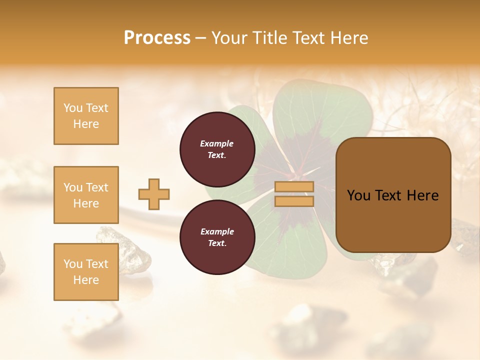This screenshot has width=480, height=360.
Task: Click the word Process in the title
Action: (157, 38)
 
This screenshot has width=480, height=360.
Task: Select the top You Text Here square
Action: (86, 116)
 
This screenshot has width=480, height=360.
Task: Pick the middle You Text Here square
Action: (86, 195)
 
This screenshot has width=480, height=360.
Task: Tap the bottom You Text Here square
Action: (86, 271)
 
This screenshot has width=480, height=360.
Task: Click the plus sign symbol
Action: (154, 194)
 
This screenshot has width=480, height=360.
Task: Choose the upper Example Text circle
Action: (217, 149)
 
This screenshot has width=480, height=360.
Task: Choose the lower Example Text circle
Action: (217, 237)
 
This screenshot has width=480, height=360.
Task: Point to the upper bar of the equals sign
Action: (294, 186)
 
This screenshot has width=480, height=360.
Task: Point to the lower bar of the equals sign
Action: (294, 201)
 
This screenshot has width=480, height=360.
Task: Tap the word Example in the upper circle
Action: (217, 143)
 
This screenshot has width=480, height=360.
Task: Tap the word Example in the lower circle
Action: (217, 231)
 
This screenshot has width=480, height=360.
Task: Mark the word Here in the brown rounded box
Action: (422, 195)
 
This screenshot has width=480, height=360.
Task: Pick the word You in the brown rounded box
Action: (358, 195)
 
